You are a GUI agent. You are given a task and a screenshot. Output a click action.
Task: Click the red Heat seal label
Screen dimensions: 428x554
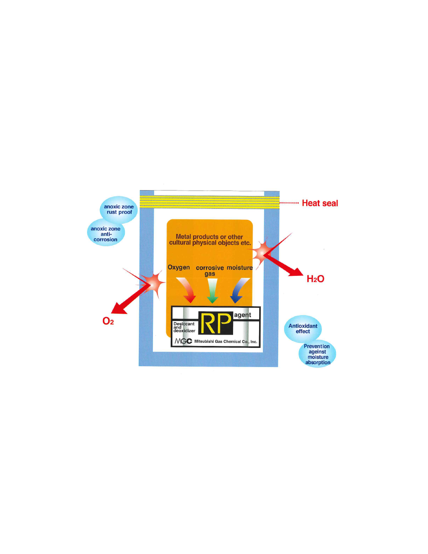click(x=320, y=203)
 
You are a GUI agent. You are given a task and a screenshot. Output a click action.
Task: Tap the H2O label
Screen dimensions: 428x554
click(x=316, y=279)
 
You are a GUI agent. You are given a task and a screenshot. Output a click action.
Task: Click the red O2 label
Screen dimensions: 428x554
click(x=108, y=321)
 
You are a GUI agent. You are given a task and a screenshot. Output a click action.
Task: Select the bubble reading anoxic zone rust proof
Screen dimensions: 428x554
click(x=119, y=210)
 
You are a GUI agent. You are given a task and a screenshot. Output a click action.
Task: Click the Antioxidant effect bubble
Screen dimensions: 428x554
click(x=303, y=329)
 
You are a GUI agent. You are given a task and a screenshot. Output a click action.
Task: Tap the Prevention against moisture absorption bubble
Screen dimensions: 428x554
click(x=317, y=354)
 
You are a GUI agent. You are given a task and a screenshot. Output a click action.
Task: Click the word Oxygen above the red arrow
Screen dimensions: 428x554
click(x=179, y=267)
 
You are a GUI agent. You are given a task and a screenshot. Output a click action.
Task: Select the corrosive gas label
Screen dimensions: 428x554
click(x=210, y=271)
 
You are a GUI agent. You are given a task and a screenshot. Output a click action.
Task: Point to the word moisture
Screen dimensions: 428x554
click(x=240, y=268)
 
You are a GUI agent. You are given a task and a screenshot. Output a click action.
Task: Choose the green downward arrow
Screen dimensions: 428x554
click(x=212, y=291)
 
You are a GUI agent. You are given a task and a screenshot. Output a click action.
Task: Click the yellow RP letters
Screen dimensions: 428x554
click(x=216, y=323)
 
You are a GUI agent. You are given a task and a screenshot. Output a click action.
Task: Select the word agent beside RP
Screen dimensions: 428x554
click(x=243, y=315)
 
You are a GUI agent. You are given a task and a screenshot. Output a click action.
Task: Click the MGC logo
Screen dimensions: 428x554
click(x=183, y=341)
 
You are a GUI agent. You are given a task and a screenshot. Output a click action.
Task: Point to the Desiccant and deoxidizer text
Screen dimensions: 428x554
click(x=184, y=327)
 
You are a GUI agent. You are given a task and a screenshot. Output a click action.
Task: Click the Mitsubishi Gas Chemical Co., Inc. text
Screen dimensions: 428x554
click(x=226, y=341)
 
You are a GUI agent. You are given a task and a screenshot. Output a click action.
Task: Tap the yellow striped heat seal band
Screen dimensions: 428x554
click(x=210, y=202)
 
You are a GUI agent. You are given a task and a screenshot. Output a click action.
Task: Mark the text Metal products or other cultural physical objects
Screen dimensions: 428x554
click(x=210, y=240)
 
